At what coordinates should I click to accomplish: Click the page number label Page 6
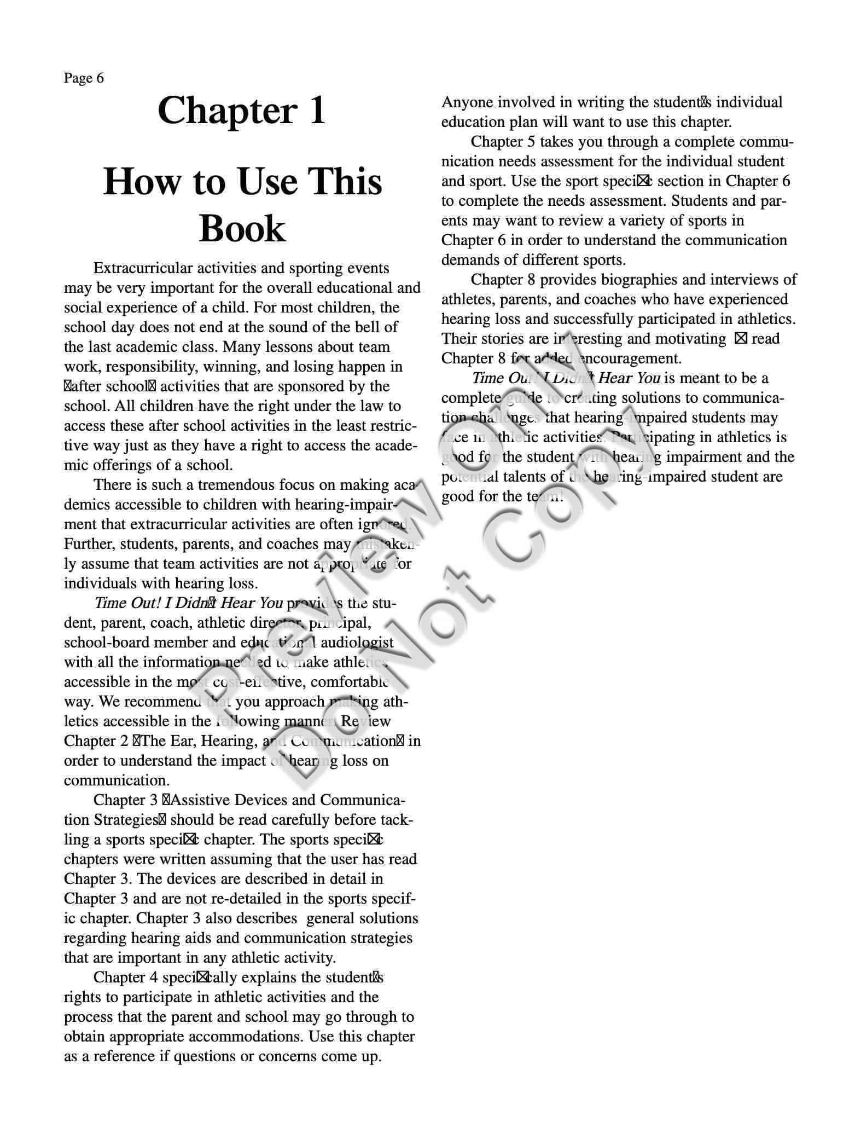[x=84, y=78]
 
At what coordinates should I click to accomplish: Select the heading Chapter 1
[x=241, y=111]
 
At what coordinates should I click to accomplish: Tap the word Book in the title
[x=242, y=228]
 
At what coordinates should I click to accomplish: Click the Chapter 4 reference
[x=126, y=977]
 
